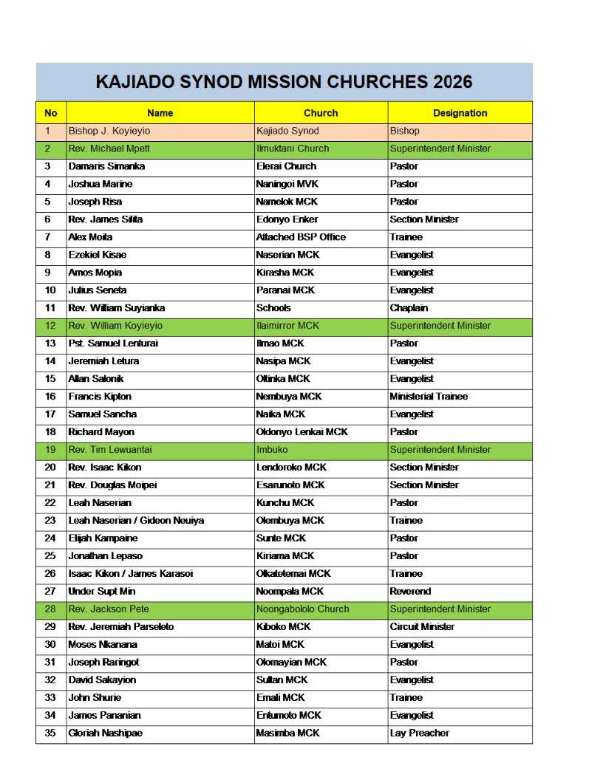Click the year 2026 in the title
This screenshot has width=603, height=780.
click(x=448, y=82)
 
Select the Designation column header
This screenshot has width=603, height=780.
click(x=460, y=113)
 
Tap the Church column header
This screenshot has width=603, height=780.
click(x=321, y=113)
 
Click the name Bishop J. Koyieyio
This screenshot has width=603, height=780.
click(x=111, y=131)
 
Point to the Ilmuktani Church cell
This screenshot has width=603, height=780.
click(x=293, y=148)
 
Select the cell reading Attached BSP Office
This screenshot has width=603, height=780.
click(x=301, y=237)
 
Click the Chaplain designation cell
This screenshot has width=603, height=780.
click(x=409, y=308)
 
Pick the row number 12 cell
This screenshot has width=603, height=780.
click(x=50, y=326)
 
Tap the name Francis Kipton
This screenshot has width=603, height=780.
click(x=100, y=397)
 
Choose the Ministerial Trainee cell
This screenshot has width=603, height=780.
click(x=429, y=397)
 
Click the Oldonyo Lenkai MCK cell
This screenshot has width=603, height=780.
click(x=301, y=432)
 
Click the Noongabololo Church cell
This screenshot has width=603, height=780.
click(x=302, y=609)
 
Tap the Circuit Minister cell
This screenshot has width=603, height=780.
click(x=422, y=627)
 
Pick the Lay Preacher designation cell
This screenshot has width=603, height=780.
click(x=419, y=733)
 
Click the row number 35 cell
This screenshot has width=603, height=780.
click(x=50, y=733)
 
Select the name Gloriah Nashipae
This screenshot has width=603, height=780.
click(x=105, y=733)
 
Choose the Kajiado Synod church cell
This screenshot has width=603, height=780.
click(x=287, y=131)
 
